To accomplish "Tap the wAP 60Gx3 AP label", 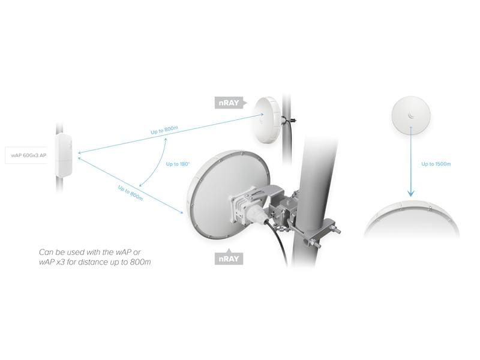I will (x=29, y=155).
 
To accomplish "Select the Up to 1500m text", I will (x=436, y=163).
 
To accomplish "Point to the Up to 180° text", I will (x=178, y=163).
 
